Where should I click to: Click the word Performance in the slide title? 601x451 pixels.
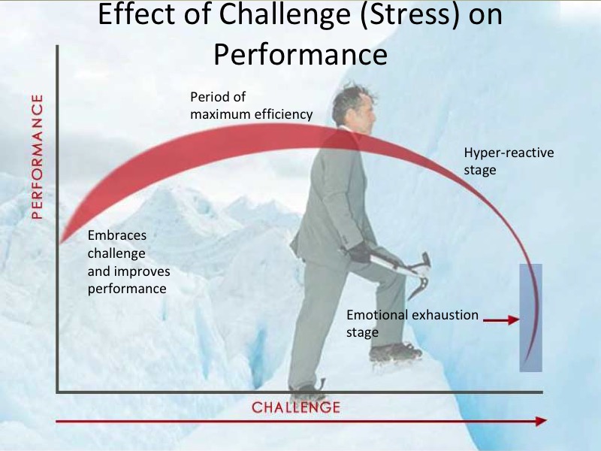pyautogui.click(x=300, y=55)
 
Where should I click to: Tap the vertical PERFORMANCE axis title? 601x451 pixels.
pyautogui.click(x=37, y=157)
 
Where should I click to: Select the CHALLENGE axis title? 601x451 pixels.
pyautogui.click(x=296, y=407)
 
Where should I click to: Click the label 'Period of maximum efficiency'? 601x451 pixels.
pyautogui.click(x=252, y=105)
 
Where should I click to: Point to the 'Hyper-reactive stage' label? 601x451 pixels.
pyautogui.click(x=509, y=161)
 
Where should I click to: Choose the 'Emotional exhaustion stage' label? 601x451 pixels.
pyautogui.click(x=412, y=323)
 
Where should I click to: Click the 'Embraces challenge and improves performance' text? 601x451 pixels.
pyautogui.click(x=128, y=262)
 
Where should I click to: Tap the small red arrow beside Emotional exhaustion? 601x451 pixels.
pyautogui.click(x=501, y=319)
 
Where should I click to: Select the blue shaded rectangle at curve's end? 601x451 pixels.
pyautogui.click(x=531, y=317)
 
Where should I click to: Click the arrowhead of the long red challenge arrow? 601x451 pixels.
pyautogui.click(x=541, y=421)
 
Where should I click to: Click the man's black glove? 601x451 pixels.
pyautogui.click(x=360, y=253)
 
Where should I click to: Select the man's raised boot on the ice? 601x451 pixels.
pyautogui.click(x=395, y=352)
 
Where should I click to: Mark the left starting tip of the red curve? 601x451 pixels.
pyautogui.click(x=60, y=242)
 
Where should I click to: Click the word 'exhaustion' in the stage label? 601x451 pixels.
pyautogui.click(x=445, y=315)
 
